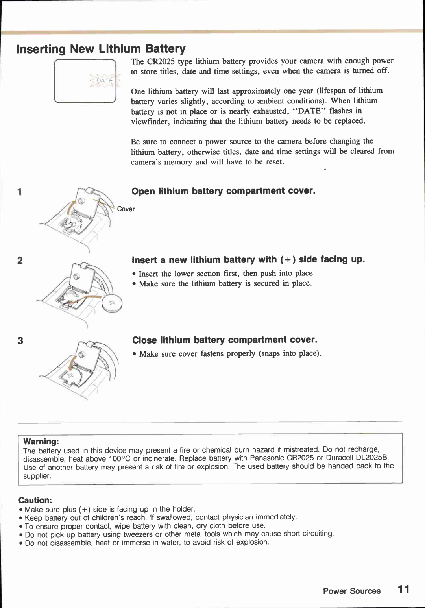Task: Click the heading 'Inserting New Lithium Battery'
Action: point(101,49)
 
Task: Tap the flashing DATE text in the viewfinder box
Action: point(105,81)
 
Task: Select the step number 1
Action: point(19,192)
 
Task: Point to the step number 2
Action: point(20,261)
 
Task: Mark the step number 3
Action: point(20,341)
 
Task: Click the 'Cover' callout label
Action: point(126,209)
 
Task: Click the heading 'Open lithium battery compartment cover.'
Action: point(224,191)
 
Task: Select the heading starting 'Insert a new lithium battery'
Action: point(248,260)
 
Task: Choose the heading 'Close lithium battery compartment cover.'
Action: point(225,340)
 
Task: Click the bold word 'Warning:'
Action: point(41,442)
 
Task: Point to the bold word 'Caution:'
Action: point(35,500)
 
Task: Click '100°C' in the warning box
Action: point(120,459)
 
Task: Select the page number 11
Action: point(403,590)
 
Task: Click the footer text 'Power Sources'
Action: point(351,591)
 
